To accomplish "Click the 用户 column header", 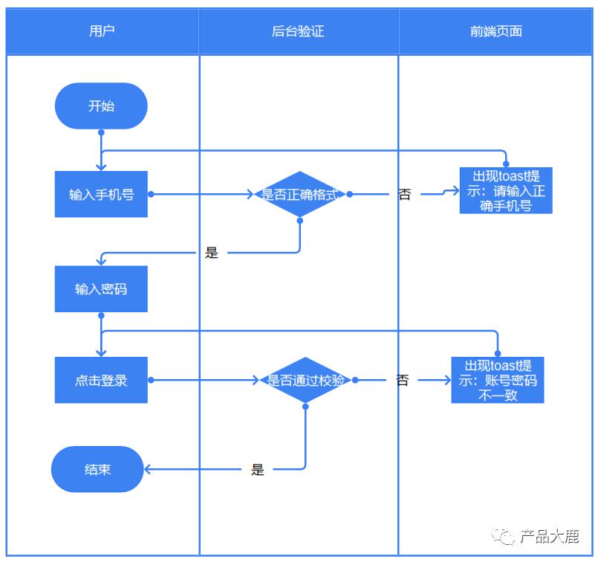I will [102, 31].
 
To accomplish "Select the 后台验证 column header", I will [298, 31].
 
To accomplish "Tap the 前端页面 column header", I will [496, 31].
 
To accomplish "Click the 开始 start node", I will [101, 106].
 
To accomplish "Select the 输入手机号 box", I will [101, 195].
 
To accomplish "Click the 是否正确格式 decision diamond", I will [299, 195].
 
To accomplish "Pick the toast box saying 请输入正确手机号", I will [506, 191].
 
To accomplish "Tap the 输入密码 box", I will [101, 288].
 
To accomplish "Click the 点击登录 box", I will [101, 380].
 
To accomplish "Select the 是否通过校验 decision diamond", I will [305, 380].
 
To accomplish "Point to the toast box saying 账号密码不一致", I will [497, 380].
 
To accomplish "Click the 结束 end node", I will [97, 469].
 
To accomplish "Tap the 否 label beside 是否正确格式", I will [404, 195].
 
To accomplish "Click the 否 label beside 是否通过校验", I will [402, 380].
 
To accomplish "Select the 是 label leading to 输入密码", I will [212, 253].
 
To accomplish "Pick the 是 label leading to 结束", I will [258, 469].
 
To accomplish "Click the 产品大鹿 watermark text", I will [549, 536].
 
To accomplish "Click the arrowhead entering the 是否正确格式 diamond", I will [250, 195].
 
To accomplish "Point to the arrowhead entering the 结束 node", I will [148, 469].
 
